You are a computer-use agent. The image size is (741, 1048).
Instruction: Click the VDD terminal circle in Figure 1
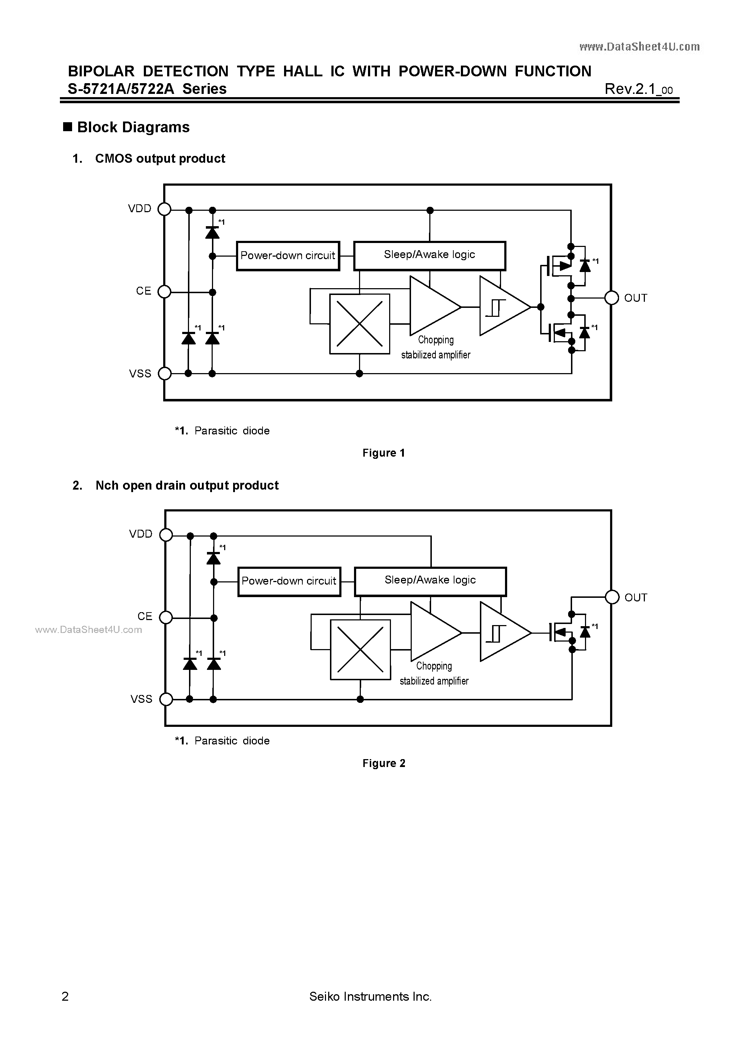(164, 210)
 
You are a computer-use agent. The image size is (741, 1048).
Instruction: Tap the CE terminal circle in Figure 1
(164, 292)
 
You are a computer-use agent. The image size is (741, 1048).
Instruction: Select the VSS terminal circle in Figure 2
(166, 699)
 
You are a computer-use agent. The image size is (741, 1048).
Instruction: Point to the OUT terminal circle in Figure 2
(612, 597)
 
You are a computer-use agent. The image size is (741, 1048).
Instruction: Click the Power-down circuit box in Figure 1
(288, 256)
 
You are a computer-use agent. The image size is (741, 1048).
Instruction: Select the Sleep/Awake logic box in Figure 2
(430, 581)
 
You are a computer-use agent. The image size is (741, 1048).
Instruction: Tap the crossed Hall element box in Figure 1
(359, 324)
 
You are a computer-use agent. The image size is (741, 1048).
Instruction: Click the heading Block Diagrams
(133, 127)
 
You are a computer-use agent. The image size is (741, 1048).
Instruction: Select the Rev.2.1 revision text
(638, 89)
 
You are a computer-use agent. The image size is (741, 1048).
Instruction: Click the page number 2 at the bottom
(65, 996)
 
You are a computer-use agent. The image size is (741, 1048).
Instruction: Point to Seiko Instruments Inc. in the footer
(370, 996)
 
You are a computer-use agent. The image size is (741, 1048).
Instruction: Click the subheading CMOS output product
(160, 158)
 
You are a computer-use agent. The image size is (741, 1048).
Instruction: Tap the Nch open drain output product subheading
(187, 485)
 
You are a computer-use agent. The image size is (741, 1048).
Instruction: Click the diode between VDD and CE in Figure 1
(212, 233)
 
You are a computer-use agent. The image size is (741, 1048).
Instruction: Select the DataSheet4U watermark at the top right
(639, 47)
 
